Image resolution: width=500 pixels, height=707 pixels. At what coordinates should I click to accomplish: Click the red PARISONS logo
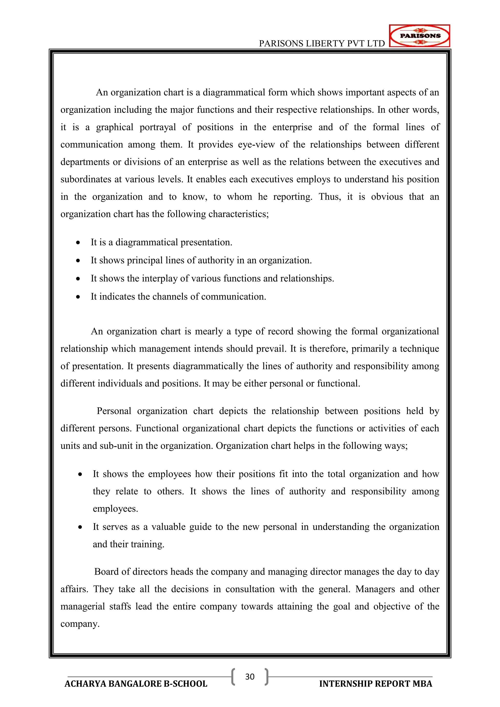tap(419, 36)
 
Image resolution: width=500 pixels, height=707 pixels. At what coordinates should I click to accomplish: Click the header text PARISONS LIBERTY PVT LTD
tap(322, 43)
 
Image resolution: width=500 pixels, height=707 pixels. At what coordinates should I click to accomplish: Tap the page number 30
tap(250, 676)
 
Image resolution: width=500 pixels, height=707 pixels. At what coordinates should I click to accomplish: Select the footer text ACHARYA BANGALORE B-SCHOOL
tap(136, 684)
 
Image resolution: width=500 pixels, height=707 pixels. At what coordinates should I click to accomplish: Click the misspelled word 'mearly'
tap(209, 331)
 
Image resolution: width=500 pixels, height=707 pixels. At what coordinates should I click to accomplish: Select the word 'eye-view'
tap(256, 145)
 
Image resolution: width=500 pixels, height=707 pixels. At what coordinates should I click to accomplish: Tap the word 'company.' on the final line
tap(80, 624)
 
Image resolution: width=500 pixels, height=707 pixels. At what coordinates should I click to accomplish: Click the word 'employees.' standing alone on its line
tap(115, 509)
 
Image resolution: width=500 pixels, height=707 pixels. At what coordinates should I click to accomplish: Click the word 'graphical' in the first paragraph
tap(115, 127)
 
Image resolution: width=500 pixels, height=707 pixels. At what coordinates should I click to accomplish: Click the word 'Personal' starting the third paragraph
tap(114, 411)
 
